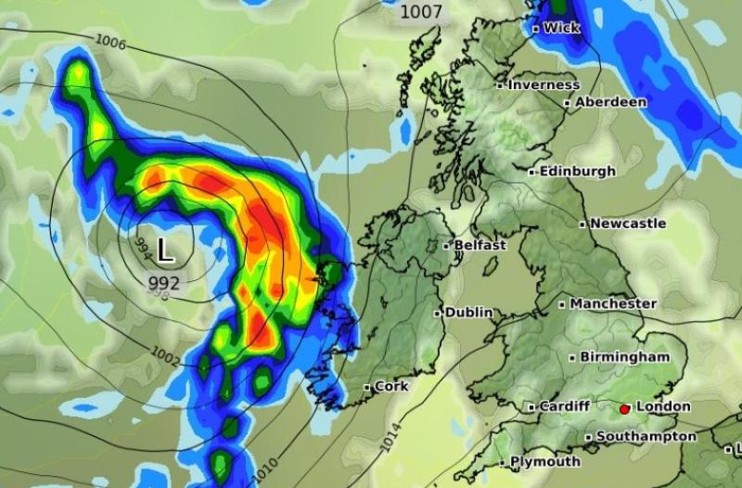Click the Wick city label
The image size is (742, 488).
[x=561, y=28]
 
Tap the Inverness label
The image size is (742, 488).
[x=544, y=84]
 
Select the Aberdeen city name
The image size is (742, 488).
[x=610, y=102]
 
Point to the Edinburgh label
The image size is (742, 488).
[x=577, y=172]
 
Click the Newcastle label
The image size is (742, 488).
[x=628, y=224]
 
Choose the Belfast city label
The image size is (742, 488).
[x=480, y=245]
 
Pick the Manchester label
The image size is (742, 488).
[x=613, y=303]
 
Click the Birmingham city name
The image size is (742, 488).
[x=624, y=357]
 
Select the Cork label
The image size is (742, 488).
[x=391, y=386]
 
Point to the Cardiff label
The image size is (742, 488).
[x=564, y=406]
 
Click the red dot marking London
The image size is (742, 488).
[x=624, y=408]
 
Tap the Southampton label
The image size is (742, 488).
[x=646, y=436]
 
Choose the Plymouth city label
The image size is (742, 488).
[x=545, y=461]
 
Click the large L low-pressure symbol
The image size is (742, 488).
[x=164, y=250]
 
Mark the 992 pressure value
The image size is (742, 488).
[x=164, y=282]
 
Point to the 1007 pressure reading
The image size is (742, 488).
[x=421, y=12]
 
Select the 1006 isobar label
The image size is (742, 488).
[x=110, y=42]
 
